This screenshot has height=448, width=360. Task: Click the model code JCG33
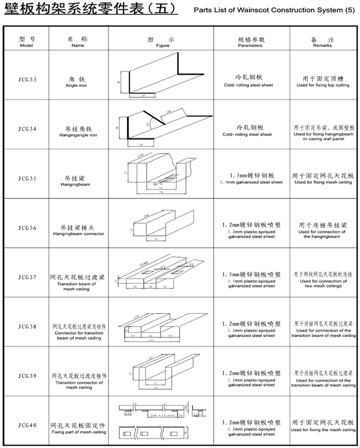click(27, 80)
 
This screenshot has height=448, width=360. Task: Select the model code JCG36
click(27, 227)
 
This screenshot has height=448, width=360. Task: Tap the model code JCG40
click(27, 425)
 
